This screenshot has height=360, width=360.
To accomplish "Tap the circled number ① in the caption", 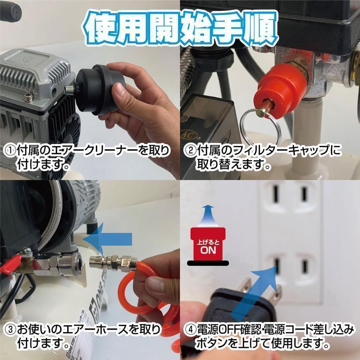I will click(10, 151).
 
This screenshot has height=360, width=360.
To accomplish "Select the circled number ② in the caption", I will click(190, 151).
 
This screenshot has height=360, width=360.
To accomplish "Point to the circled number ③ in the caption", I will click(10, 330).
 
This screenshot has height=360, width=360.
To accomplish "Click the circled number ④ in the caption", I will click(190, 330).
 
